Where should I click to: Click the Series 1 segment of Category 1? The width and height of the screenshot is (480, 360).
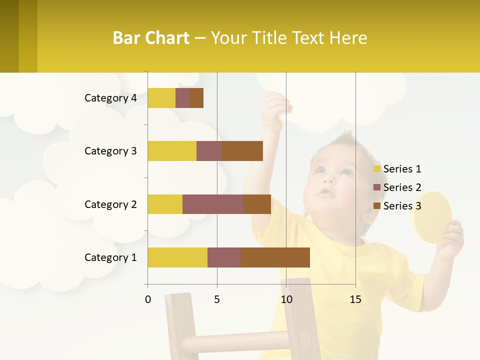[177, 257]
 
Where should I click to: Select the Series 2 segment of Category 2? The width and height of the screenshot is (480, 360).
[213, 204]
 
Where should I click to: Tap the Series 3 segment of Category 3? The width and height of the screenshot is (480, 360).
[242, 151]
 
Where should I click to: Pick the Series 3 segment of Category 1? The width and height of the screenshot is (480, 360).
[275, 257]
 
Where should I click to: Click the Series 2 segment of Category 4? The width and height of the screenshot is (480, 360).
[182, 98]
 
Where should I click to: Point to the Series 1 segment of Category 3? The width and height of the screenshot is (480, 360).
[172, 151]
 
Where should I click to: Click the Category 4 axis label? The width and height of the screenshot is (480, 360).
[110, 98]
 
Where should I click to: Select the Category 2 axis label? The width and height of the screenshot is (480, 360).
[110, 204]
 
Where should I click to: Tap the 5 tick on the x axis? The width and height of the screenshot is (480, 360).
[217, 299]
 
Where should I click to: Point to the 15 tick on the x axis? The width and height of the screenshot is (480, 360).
[355, 299]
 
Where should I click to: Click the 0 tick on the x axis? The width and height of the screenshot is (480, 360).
[148, 299]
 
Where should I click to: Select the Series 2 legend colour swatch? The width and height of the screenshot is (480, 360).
[377, 187]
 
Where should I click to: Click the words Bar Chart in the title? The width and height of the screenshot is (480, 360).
[151, 38]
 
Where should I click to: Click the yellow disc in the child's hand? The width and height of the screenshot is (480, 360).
[431, 217]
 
